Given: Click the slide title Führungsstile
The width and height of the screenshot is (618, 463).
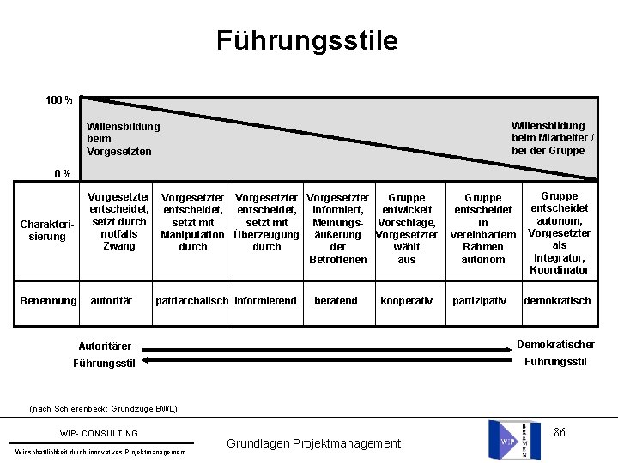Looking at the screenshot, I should pyautogui.click(x=307, y=40).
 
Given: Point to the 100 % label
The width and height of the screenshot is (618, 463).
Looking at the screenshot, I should pyautogui.click(x=59, y=101).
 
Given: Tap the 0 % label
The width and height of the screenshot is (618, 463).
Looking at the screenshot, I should pyautogui.click(x=63, y=174).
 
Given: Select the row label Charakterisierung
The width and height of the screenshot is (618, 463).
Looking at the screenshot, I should pyautogui.click(x=46, y=231).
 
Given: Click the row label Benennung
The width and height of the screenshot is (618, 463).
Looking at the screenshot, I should pyautogui.click(x=47, y=301).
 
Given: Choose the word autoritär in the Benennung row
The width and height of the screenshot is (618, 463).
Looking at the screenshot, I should pyautogui.click(x=112, y=301).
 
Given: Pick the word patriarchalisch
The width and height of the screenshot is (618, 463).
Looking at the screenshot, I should pyautogui.click(x=193, y=301).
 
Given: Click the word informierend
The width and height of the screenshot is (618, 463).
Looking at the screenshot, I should pyautogui.click(x=265, y=301).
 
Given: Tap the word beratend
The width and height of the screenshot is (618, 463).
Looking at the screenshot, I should pyautogui.click(x=336, y=301).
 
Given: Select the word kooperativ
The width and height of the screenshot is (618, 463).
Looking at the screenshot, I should pyautogui.click(x=406, y=301).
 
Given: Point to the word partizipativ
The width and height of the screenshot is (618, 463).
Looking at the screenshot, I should pyautogui.click(x=481, y=301).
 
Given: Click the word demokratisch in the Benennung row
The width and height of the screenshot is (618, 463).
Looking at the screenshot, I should pyautogui.click(x=557, y=301).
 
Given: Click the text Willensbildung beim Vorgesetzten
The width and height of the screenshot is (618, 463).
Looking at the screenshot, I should pyautogui.click(x=123, y=139).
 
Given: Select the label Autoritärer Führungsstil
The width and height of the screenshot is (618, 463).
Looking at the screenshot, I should pyautogui.click(x=105, y=354).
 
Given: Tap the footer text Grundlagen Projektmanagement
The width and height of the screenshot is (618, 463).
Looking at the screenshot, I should pyautogui.click(x=313, y=443).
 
